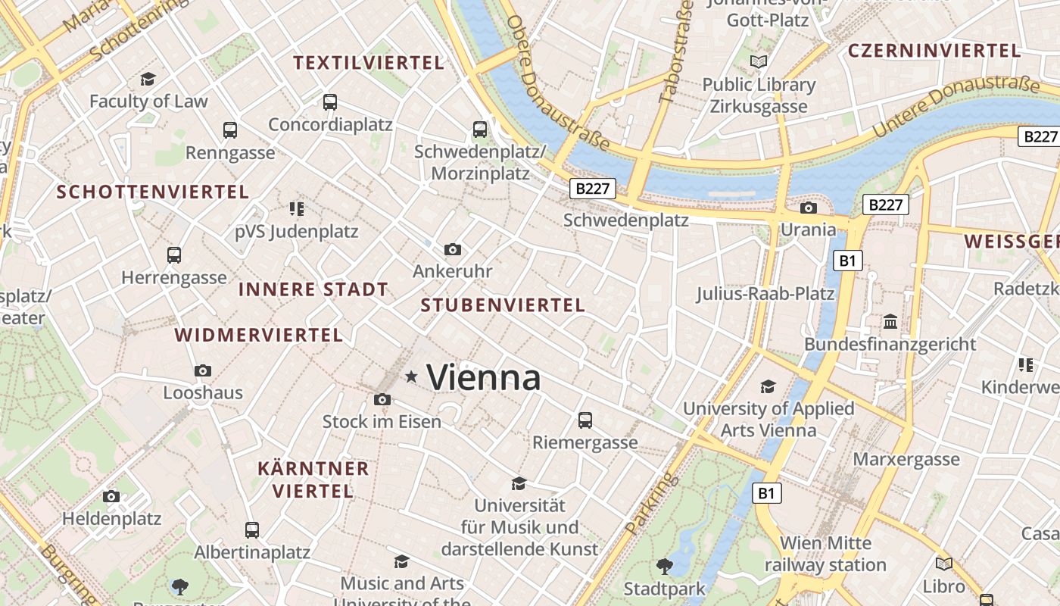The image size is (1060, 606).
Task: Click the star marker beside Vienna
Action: click(411, 376)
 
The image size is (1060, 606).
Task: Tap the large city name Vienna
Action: click(484, 377)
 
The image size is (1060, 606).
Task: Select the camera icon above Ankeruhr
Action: click(453, 249)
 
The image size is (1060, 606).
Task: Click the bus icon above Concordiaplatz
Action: click(329, 102)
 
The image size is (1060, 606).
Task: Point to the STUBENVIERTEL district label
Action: click(503, 305)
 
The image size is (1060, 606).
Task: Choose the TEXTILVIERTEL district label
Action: click(369, 63)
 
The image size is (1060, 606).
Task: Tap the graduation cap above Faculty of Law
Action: click(148, 79)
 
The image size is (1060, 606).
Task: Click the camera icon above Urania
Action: click(809, 208)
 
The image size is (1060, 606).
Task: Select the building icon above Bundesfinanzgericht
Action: click(890, 322)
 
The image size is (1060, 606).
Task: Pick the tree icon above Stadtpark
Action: click(664, 565)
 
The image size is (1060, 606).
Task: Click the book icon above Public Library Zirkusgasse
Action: click(759, 62)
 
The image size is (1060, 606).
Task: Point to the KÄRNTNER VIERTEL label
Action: click(313, 479)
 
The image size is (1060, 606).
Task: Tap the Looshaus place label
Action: click(203, 392)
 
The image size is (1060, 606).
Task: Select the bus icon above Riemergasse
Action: click(585, 420)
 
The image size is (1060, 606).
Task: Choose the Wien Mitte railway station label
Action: click(825, 554)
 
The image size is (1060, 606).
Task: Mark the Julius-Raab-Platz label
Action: click(765, 293)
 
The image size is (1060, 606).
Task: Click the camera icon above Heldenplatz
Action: click(111, 497)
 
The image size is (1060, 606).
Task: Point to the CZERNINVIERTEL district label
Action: click(934, 51)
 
